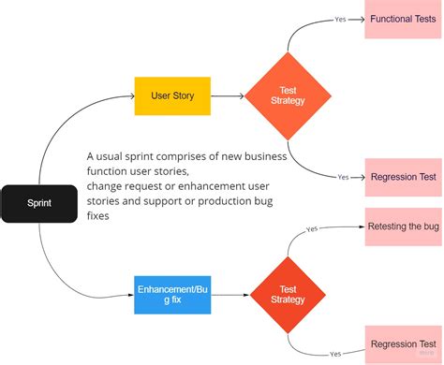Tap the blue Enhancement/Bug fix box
[173, 293]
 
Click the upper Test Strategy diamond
[288, 95]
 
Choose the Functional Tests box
[403, 20]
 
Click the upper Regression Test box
[403, 177]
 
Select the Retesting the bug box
[403, 226]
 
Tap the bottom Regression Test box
[403, 343]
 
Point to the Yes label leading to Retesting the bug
[312, 228]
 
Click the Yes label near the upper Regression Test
[343, 177]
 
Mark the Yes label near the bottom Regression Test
[334, 354]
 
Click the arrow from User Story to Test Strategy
[228, 95]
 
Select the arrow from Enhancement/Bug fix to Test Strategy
[228, 293]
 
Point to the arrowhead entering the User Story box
[131, 95]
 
